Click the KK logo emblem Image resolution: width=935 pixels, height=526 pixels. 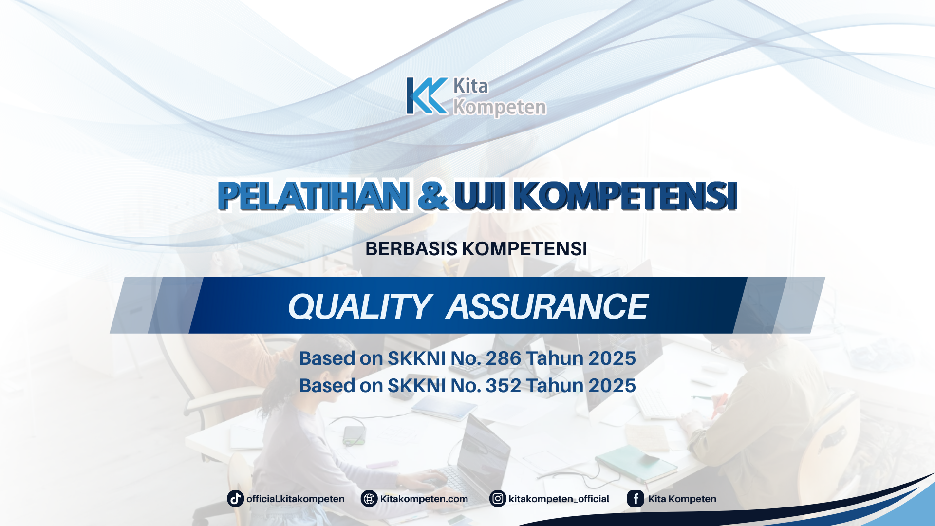pyautogui.click(x=427, y=96)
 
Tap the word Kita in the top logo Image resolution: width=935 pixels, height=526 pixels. pyautogui.click(x=470, y=86)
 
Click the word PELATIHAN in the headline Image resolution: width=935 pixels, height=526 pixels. pyautogui.click(x=313, y=196)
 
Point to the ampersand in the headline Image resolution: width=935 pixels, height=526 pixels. pyautogui.click(x=432, y=196)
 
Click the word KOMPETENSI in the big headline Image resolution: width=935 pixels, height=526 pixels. pyautogui.click(x=625, y=196)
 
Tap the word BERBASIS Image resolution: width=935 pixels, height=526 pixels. pyautogui.click(x=411, y=249)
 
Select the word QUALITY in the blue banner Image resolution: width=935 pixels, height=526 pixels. pyautogui.click(x=359, y=307)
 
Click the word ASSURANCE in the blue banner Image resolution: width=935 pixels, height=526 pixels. pyautogui.click(x=547, y=307)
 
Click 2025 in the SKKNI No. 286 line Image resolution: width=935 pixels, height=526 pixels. pyautogui.click(x=612, y=358)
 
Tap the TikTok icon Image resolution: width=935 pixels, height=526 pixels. pyautogui.click(x=236, y=499)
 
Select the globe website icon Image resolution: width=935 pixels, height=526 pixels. pyautogui.click(x=369, y=499)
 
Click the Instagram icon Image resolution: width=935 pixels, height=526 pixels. pyautogui.click(x=498, y=499)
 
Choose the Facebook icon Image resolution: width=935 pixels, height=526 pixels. pyautogui.click(x=636, y=499)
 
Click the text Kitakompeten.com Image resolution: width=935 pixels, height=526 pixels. pyautogui.click(x=424, y=499)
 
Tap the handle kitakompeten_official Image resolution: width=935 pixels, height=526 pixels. pyautogui.click(x=559, y=499)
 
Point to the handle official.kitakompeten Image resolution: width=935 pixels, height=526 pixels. pyautogui.click(x=295, y=499)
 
